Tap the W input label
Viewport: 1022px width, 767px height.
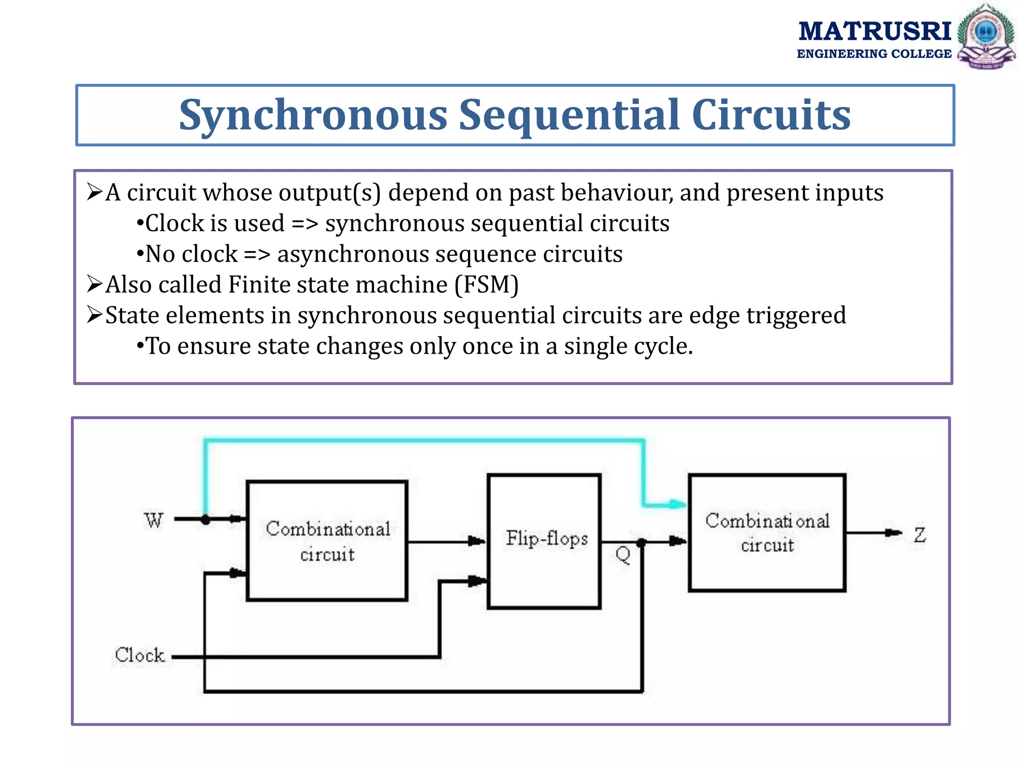point(154,520)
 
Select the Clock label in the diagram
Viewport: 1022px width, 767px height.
point(139,655)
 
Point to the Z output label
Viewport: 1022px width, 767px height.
point(920,535)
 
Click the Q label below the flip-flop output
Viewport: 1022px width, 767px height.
point(623,554)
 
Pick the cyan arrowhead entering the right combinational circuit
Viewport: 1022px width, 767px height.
point(678,504)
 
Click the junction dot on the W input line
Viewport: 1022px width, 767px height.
point(206,520)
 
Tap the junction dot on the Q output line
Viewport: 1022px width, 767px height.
point(642,543)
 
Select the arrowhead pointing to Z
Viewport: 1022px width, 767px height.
point(893,533)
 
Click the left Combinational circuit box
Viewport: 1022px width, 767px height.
point(327,540)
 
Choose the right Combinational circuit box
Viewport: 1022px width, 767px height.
point(767,532)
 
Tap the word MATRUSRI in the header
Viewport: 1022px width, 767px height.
point(874,31)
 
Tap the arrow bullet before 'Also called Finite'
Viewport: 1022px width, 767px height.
point(94,284)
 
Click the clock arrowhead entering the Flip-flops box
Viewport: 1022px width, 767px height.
point(477,581)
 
